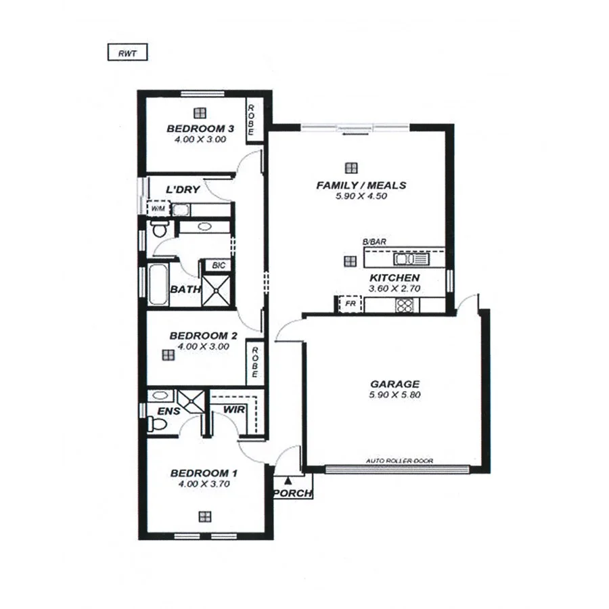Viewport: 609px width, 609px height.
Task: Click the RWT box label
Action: point(127,52)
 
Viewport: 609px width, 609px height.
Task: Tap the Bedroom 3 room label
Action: point(200,129)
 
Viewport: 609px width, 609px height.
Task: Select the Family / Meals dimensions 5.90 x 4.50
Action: point(361,197)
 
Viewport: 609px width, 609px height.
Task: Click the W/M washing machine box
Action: point(158,209)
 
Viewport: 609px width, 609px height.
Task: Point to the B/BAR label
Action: point(373,242)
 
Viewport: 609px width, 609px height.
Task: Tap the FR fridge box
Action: point(351,304)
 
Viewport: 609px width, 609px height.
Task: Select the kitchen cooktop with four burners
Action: point(405,305)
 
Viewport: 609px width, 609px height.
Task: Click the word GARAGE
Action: point(394,384)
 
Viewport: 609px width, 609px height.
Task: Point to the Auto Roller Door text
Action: point(399,461)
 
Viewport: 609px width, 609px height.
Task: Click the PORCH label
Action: point(292,494)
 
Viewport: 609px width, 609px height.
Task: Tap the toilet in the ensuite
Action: point(157,425)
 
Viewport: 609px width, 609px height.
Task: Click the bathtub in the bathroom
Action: point(157,284)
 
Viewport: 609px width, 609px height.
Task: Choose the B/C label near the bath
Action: point(218,266)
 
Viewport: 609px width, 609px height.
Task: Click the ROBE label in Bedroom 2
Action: point(255,362)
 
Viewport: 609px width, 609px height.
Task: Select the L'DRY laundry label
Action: point(183,190)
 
